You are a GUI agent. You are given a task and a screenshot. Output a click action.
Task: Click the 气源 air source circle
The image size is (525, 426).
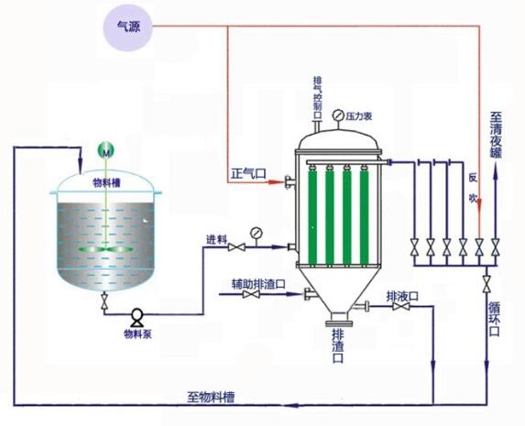click(x=127, y=27)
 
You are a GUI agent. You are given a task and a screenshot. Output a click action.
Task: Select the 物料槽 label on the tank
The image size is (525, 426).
click(x=106, y=183)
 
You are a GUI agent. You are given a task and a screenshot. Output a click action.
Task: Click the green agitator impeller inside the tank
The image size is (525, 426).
click(x=106, y=249)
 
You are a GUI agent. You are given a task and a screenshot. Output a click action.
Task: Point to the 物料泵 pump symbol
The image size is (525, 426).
click(x=137, y=317)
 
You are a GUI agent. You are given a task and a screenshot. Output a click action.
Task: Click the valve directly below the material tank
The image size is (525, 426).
click(x=104, y=300)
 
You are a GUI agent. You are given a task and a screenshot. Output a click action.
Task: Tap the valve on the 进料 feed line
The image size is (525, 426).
click(x=236, y=247)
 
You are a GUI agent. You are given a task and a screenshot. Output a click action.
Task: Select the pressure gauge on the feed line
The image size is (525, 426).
click(x=257, y=233)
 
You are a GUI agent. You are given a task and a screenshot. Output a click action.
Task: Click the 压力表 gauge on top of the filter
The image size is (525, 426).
click(x=338, y=115)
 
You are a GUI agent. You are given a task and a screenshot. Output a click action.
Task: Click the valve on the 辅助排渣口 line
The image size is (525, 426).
click(x=251, y=294)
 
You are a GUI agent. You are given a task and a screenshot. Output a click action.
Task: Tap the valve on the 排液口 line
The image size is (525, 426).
click(x=400, y=306)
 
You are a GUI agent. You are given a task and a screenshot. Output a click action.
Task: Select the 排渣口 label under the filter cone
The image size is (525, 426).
click(x=338, y=345)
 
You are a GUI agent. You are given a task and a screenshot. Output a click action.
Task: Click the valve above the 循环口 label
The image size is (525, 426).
click(x=487, y=284)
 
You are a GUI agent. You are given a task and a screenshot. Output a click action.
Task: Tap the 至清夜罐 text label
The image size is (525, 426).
click(x=497, y=135)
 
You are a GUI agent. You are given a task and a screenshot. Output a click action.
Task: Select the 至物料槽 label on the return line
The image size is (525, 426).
click(x=211, y=398)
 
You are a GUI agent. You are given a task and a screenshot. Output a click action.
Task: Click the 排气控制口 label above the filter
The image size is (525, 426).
click(x=317, y=98)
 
